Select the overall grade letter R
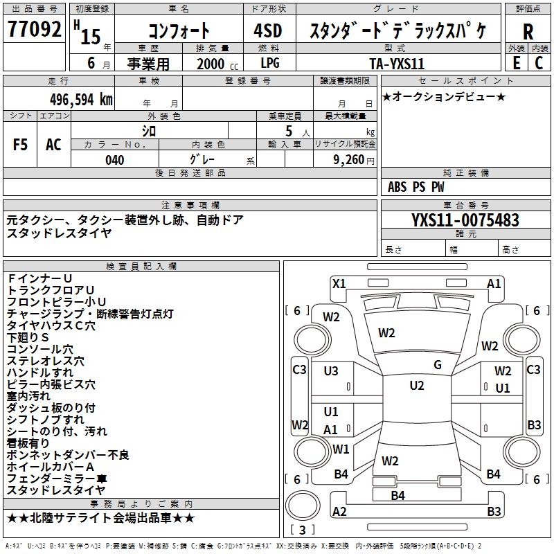tap(528, 32)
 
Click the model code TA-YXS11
tap(397, 63)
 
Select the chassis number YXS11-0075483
tap(465, 220)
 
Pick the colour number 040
tap(115, 160)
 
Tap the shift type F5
tap(21, 145)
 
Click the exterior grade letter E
tap(516, 63)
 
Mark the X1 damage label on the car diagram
tap(339, 283)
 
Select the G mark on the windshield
tap(438, 365)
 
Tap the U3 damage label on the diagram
tap(331, 371)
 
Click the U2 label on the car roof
tap(417, 386)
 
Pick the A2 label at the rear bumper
tap(339, 512)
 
